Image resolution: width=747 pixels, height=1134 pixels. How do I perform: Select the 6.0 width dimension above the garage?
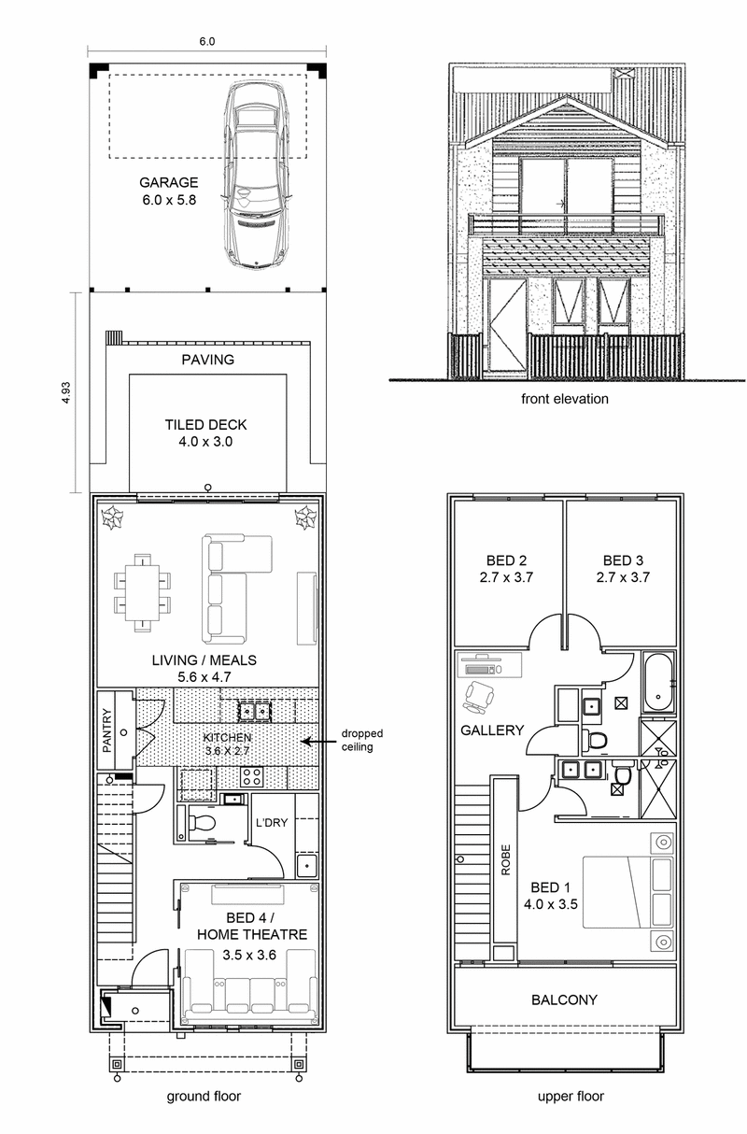click(206, 41)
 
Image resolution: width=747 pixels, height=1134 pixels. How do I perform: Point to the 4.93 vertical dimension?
click(66, 392)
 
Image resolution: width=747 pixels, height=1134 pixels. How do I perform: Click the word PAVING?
click(207, 360)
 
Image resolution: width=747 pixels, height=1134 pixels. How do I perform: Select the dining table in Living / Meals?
click(142, 593)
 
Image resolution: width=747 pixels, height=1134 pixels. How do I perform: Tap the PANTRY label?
click(106, 730)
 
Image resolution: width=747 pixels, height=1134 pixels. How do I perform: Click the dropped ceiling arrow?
click(318, 742)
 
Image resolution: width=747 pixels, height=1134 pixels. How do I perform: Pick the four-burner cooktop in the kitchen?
click(251, 776)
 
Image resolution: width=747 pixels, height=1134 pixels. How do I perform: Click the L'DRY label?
click(272, 823)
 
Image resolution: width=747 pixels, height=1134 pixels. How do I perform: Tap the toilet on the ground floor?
click(201, 822)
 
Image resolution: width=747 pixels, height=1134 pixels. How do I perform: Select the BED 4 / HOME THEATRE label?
click(251, 927)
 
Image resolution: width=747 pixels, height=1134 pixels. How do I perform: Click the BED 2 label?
click(507, 560)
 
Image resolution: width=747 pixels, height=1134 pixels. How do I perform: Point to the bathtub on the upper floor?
click(658, 683)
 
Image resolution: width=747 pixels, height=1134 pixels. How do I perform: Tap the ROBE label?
click(505, 859)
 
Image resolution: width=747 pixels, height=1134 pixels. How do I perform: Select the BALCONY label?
click(564, 999)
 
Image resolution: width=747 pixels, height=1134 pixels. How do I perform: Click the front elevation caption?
click(565, 399)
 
